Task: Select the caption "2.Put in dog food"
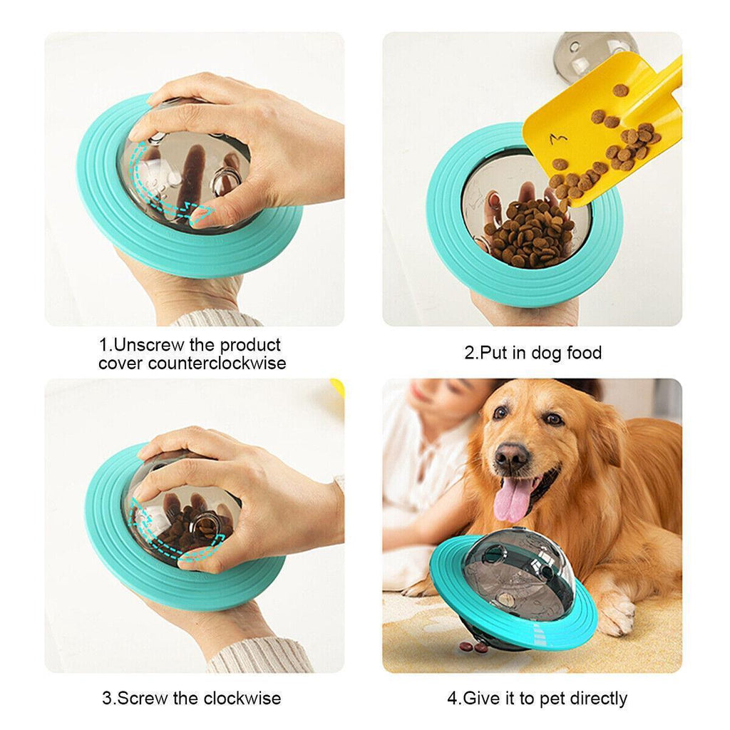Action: click(533, 353)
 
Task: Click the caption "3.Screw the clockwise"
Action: click(191, 698)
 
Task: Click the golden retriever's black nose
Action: click(512, 456)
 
